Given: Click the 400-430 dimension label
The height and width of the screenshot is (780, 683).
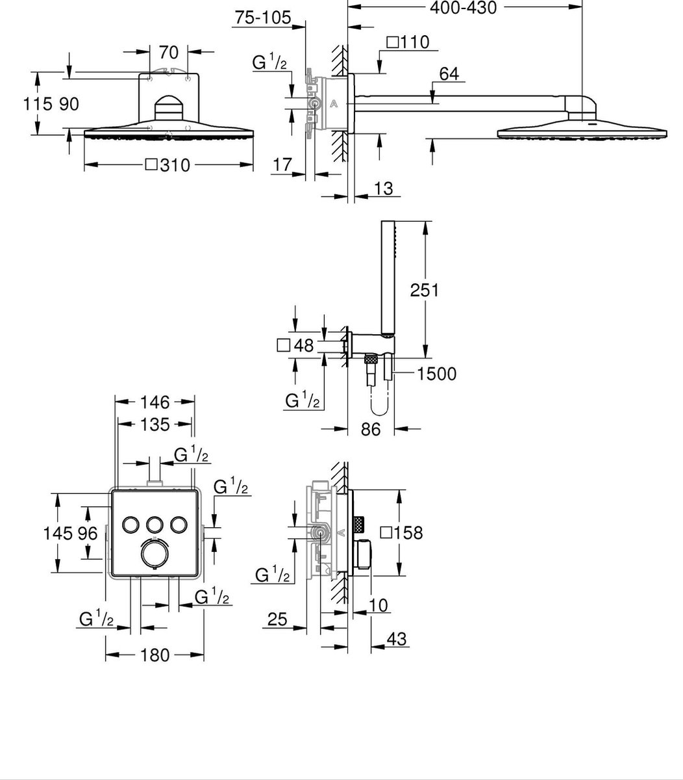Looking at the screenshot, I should (464, 8).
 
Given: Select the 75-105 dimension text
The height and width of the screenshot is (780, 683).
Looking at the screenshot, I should (263, 18).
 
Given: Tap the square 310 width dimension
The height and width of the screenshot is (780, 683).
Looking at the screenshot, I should (168, 166).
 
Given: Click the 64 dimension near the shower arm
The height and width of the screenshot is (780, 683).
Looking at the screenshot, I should (449, 74).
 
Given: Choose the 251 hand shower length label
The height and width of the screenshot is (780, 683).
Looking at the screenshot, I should (425, 290).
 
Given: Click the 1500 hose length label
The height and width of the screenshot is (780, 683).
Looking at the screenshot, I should (437, 374).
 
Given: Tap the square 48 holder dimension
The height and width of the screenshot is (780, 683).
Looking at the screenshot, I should (295, 345).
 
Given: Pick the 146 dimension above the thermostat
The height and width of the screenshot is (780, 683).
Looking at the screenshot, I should (155, 402).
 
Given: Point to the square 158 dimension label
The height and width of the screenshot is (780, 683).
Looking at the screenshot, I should (401, 533).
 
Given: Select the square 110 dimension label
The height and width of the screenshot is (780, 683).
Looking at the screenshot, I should (407, 43).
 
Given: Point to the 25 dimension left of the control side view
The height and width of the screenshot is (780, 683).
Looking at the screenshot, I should (277, 620).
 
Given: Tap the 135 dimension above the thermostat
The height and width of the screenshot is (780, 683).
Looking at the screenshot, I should (155, 424).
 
